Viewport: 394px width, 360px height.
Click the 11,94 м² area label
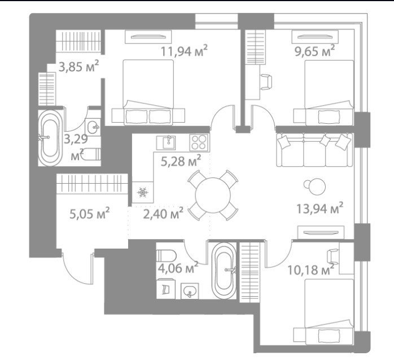click(x=184, y=50)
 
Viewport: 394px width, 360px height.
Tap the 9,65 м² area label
click(x=314, y=50)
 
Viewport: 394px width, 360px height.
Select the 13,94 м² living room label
click(x=319, y=208)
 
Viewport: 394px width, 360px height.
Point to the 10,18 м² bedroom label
click(x=310, y=270)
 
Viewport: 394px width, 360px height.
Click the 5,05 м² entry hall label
click(x=89, y=213)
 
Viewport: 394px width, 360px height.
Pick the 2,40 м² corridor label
click(x=163, y=213)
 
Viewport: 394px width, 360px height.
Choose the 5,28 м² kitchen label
click(x=181, y=161)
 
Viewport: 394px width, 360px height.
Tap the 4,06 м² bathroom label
click(x=178, y=267)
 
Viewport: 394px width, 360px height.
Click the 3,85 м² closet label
click(x=78, y=66)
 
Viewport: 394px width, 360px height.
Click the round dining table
click(x=213, y=196)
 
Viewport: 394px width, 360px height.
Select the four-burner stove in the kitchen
click(x=199, y=142)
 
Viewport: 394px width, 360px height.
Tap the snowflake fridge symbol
click(x=143, y=193)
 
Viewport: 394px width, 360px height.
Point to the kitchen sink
click(x=166, y=142)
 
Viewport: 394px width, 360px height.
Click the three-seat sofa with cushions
click(x=314, y=150)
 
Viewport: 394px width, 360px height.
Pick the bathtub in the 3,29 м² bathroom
click(x=50, y=138)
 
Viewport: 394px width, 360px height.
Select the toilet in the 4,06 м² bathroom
click(x=166, y=256)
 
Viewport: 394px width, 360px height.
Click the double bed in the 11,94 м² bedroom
click(x=148, y=92)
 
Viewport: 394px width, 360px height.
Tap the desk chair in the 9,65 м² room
click(x=266, y=82)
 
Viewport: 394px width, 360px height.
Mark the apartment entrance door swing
click(x=78, y=269)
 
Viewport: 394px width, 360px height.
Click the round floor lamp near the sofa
click(x=317, y=186)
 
